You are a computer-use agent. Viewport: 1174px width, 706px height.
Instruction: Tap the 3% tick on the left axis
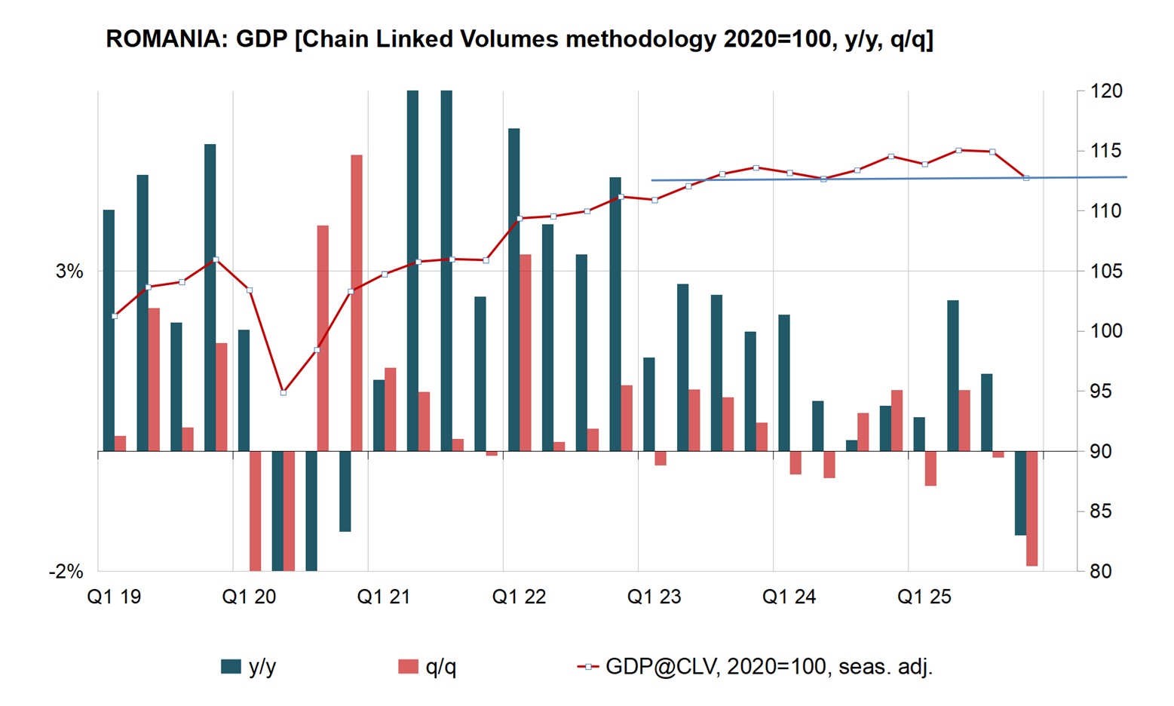click(69, 272)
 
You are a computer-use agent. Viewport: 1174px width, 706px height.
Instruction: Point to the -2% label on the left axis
click(66, 572)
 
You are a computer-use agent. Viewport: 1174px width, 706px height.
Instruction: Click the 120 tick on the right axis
click(1105, 91)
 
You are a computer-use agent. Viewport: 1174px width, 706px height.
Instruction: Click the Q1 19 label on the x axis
click(114, 597)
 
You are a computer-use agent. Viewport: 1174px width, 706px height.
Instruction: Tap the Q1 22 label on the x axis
click(519, 597)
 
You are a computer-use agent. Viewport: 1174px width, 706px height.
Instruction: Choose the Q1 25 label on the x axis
click(924, 597)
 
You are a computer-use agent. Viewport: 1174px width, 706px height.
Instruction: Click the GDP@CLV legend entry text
click(769, 667)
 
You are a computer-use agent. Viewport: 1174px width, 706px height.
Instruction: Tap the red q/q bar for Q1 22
click(526, 353)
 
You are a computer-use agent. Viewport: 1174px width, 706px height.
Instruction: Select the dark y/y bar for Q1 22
click(513, 290)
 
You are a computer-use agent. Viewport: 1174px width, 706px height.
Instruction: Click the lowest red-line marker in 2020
click(284, 392)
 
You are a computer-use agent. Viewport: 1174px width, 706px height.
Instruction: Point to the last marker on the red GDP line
click(1025, 178)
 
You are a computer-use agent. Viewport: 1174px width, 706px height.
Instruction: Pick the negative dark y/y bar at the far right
click(1020, 493)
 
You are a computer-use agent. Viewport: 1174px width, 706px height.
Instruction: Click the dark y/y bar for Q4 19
click(210, 297)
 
